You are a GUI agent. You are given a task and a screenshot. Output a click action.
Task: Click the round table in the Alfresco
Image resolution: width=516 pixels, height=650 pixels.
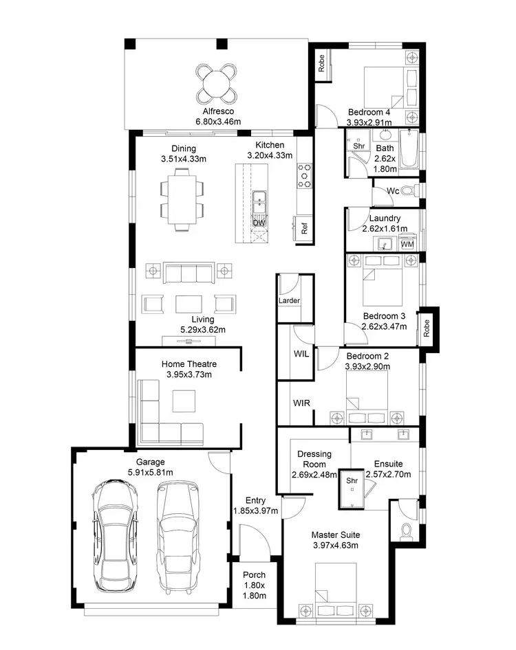(x=216, y=82)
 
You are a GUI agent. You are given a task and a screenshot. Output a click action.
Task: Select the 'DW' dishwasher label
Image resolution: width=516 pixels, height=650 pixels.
(x=259, y=223)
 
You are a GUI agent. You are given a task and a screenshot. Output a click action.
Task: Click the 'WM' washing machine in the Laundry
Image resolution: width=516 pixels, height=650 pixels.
(x=407, y=244)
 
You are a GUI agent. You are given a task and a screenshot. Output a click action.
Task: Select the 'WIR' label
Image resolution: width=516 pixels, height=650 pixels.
(x=301, y=403)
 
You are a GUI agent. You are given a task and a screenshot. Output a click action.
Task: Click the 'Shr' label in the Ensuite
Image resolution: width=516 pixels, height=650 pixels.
(x=352, y=481)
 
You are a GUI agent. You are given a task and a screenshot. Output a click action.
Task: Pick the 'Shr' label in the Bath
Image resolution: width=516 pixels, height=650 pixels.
(x=358, y=146)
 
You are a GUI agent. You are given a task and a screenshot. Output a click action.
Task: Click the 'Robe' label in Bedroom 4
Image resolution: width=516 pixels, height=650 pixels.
(x=321, y=64)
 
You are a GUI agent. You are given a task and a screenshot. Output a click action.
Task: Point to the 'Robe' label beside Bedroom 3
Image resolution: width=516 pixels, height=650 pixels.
(x=427, y=327)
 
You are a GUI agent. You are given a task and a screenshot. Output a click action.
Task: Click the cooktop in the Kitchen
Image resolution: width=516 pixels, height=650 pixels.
(x=305, y=175)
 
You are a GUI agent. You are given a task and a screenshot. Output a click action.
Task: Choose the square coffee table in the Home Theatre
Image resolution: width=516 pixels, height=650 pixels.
(x=184, y=401)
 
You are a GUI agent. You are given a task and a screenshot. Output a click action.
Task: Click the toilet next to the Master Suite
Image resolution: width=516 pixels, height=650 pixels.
(x=406, y=533)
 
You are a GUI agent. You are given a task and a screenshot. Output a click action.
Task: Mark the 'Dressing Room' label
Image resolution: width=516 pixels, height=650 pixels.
(x=314, y=459)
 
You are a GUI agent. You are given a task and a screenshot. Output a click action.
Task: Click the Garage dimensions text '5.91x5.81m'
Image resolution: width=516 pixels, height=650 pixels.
(x=150, y=473)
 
